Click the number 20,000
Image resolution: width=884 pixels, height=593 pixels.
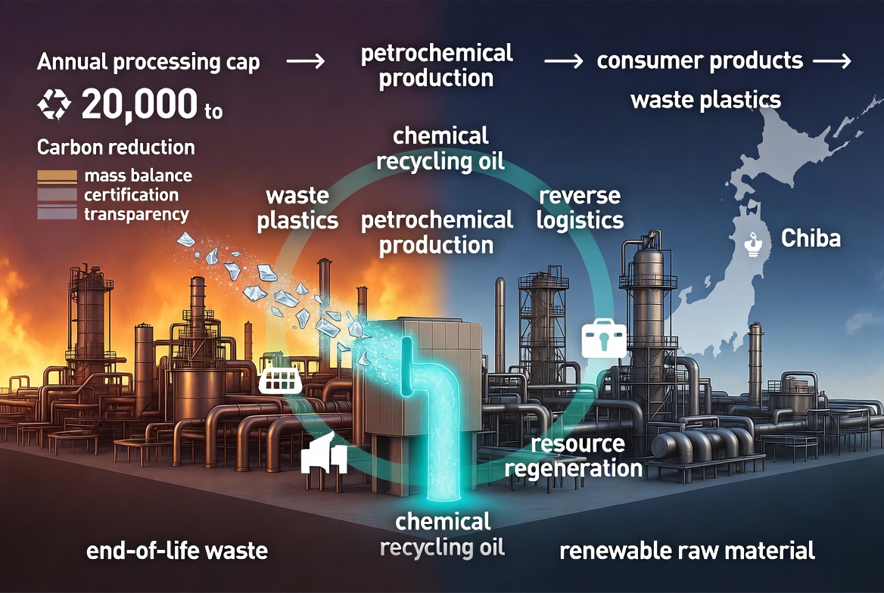(x=139, y=105)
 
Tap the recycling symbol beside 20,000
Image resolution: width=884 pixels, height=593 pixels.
(x=54, y=105)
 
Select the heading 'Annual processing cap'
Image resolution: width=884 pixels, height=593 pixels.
(x=148, y=62)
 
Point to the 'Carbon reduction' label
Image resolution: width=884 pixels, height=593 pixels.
(x=116, y=147)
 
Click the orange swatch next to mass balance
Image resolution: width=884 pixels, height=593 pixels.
(x=57, y=176)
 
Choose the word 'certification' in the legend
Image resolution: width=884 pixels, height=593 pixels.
(x=132, y=195)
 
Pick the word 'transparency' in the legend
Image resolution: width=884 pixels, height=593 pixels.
(x=136, y=215)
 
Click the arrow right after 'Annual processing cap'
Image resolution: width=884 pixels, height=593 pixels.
(x=306, y=61)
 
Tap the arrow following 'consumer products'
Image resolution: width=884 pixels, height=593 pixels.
(x=832, y=61)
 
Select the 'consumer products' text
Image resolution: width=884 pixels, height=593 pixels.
(x=699, y=61)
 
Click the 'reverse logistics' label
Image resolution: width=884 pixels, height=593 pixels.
(x=580, y=207)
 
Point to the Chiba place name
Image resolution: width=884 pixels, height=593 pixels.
(x=811, y=238)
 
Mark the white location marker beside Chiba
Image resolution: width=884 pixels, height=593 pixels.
(x=753, y=244)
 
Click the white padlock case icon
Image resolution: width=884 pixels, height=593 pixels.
(x=604, y=338)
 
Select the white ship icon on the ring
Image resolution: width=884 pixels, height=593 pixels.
(x=280, y=380)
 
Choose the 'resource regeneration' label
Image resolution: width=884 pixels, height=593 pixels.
(x=574, y=457)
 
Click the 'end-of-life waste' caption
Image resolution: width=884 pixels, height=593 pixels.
(x=177, y=551)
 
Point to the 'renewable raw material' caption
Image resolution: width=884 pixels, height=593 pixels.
(x=687, y=551)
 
